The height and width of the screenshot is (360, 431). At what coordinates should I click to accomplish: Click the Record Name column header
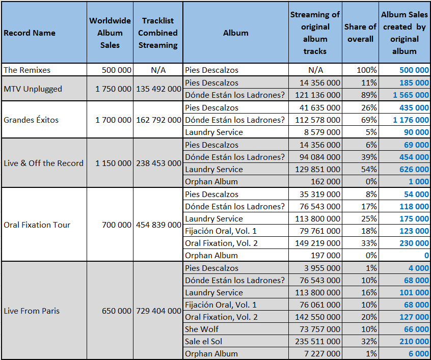pos(30,33)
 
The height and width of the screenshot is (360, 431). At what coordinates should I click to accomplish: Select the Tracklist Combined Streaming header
pos(158,33)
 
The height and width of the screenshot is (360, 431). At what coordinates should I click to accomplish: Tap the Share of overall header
pos(360,33)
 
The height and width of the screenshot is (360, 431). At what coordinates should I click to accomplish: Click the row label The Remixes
pos(27,70)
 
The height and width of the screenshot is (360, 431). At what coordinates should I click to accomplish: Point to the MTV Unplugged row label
pos(33,89)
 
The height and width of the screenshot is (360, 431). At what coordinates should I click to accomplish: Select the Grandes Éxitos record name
pos(31,120)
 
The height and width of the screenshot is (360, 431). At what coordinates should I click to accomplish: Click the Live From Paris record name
pos(32,311)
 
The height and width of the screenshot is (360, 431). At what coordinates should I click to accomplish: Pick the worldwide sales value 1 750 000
pos(113,89)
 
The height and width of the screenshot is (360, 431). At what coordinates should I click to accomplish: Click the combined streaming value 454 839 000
pos(158,225)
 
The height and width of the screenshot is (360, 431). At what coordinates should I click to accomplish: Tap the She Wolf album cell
pos(201,329)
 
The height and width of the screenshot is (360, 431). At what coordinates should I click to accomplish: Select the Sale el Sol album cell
pos(203,341)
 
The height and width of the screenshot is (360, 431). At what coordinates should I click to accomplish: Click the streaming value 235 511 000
pos(317,341)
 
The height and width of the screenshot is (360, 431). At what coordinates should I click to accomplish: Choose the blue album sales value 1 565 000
pos(411,95)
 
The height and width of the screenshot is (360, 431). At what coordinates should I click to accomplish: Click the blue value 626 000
pos(414,169)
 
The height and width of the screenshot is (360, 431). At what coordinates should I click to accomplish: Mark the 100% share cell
pos(367,70)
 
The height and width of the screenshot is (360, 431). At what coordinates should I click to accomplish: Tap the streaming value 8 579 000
pos(322,132)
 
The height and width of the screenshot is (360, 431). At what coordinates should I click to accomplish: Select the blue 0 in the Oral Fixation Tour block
pos(426,256)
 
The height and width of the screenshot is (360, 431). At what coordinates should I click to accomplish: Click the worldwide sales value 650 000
pos(117,311)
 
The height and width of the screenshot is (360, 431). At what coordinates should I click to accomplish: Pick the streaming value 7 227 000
pos(322,354)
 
